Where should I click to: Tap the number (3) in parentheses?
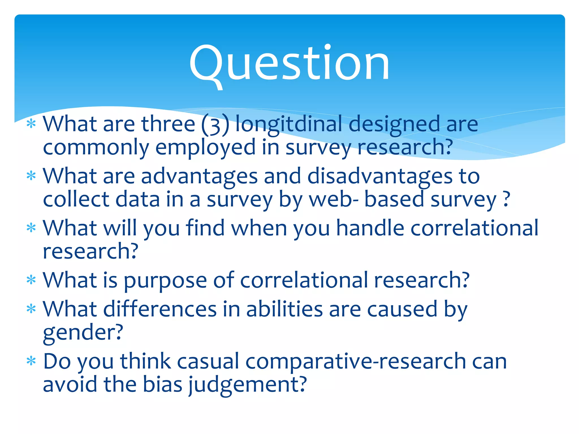(215, 124)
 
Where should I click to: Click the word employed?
(206, 148)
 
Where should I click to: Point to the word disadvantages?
(380, 176)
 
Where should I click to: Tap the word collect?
(76, 199)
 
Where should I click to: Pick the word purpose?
(165, 280)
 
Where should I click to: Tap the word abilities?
(284, 309)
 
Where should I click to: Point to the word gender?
(83, 333)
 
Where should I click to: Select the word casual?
(208, 361)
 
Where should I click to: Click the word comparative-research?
(355, 362)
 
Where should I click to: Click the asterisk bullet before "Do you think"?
(31, 361)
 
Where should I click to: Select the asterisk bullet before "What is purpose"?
(31, 280)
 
